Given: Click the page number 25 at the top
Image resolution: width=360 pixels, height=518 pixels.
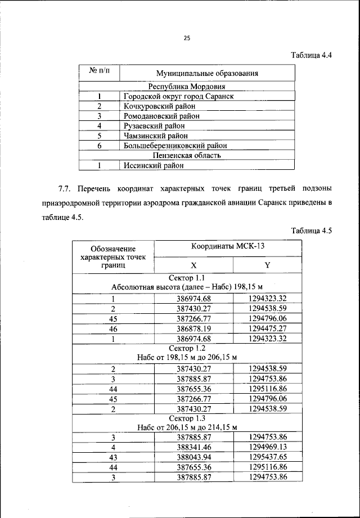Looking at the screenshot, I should tap(187, 38).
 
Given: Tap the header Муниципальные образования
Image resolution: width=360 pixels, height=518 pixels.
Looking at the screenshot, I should tap(206, 73).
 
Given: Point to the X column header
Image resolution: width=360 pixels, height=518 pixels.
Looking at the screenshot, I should tap(193, 265).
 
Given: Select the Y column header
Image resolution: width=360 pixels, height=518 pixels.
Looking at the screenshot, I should tap(267, 265).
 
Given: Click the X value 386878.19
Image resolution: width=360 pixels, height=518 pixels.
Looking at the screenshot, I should tap(193, 328).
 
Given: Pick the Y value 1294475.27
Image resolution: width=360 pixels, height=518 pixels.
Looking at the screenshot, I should tap(268, 328).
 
